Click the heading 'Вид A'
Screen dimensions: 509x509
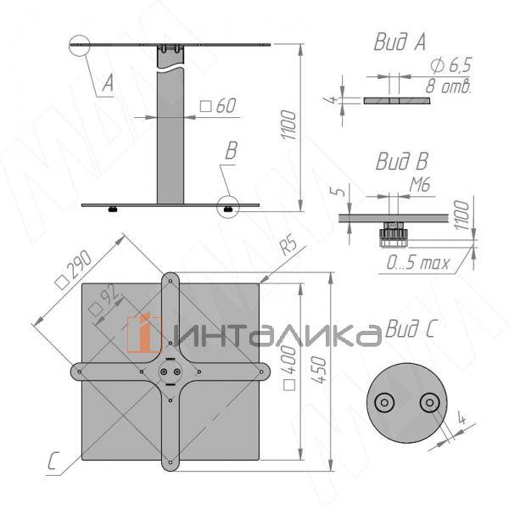(x=400, y=42)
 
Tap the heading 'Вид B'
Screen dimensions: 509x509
(x=402, y=161)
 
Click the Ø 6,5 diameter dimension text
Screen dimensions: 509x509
(x=451, y=65)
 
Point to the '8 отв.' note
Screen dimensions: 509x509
(x=448, y=86)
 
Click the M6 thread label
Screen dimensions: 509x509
(x=420, y=185)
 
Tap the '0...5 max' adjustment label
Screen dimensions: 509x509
(x=418, y=263)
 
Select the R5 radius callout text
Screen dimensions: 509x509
(x=288, y=245)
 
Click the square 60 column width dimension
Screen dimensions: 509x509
(x=218, y=105)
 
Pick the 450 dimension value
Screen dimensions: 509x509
(x=318, y=370)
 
